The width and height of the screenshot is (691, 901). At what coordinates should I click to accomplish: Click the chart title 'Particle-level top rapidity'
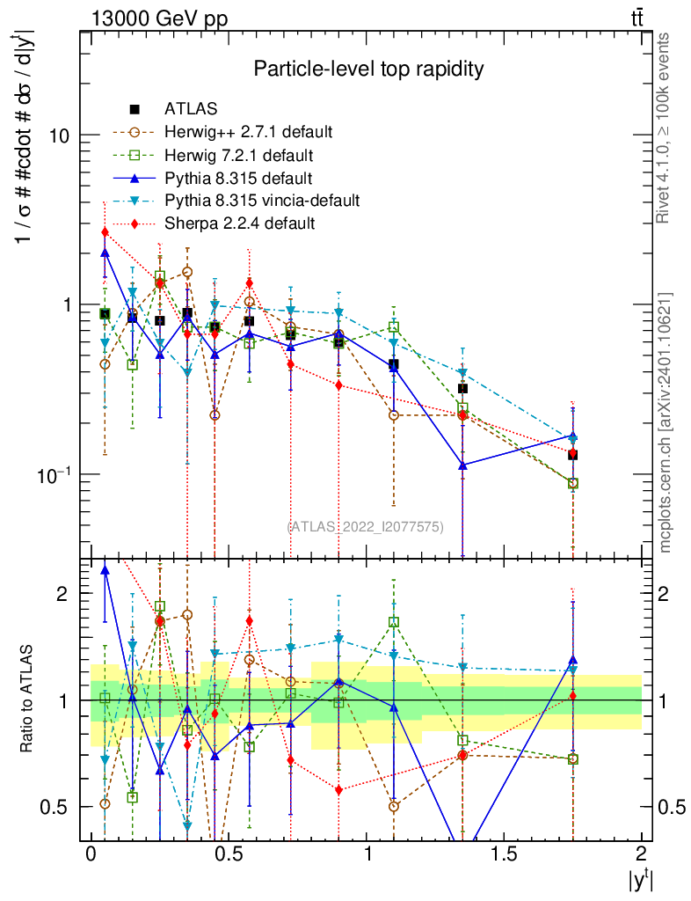point(368,69)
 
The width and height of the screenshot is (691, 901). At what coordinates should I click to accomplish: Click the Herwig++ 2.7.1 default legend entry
point(247,132)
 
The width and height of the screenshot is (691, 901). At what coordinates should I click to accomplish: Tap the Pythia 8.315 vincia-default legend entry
point(261,201)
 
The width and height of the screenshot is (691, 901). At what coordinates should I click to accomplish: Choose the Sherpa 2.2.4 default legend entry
point(239,223)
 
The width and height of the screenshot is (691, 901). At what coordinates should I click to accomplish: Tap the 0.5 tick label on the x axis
point(228,854)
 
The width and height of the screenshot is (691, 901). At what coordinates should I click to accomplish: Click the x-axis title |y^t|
point(638,880)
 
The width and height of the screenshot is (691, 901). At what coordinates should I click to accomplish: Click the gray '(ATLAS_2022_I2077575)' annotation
point(366,526)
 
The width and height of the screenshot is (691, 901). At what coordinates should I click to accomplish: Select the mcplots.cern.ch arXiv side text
point(666,422)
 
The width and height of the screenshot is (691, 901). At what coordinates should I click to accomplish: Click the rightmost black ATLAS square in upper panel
point(572,454)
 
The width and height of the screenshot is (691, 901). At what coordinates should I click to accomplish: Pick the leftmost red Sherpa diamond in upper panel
point(105,232)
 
